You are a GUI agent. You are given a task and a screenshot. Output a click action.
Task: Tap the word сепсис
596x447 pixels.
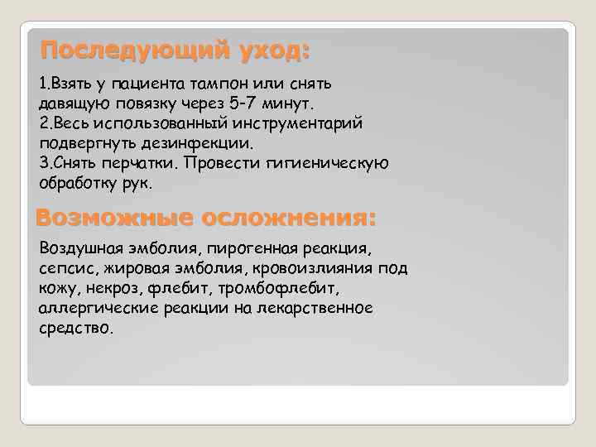point(64,268)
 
